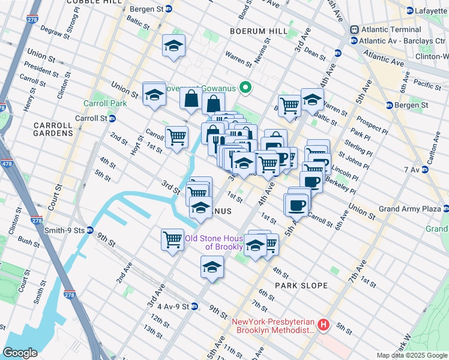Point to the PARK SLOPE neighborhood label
tap(301, 286)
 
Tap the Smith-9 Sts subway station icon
tap(90, 229)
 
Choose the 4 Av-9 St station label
tap(169, 306)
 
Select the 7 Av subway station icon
tap(427, 170)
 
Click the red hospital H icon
tap(324, 325)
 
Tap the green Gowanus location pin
tap(245, 88)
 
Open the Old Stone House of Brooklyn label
tap(214, 242)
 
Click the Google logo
tap(20, 352)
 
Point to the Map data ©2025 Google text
tap(411, 355)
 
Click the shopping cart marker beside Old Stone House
tap(173, 239)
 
